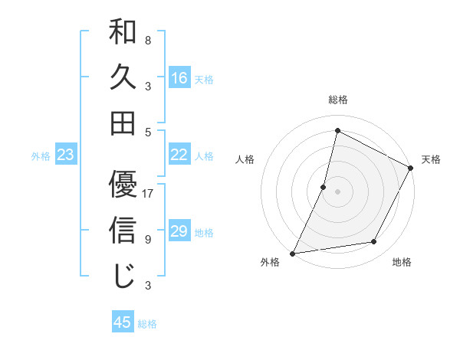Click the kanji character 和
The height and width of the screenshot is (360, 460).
tap(123, 33)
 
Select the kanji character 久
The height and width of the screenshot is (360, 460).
tap(123, 77)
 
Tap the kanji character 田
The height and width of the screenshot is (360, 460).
tap(123, 123)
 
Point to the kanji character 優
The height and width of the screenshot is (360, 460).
tap(123, 184)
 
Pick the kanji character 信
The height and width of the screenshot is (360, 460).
tap(123, 229)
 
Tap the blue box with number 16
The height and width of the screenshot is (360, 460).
tap(179, 77)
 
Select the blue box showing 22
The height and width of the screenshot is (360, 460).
tap(179, 155)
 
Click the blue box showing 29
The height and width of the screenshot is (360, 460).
tap(179, 231)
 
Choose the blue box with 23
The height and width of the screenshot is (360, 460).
tap(66, 155)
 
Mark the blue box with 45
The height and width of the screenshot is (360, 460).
tap(123, 322)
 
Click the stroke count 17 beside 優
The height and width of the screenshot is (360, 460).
tap(149, 194)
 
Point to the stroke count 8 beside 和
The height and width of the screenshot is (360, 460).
tap(148, 40)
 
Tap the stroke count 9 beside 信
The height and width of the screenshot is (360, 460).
tap(148, 239)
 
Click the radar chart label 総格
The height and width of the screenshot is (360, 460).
tap(338, 100)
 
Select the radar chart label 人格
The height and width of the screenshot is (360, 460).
tap(245, 159)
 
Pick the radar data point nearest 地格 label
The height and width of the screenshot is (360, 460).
tap(374, 242)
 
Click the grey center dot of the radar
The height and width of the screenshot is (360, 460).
tap(338, 191)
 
